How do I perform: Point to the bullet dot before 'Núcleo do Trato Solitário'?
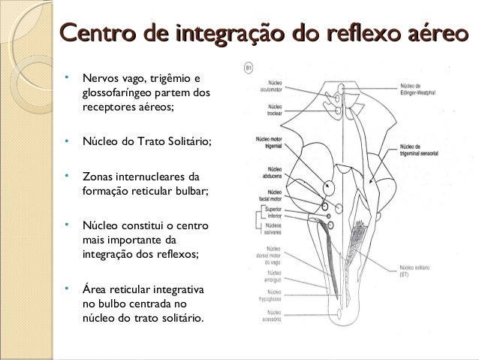[x=68, y=141]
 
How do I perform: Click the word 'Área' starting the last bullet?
[x=95, y=289]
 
